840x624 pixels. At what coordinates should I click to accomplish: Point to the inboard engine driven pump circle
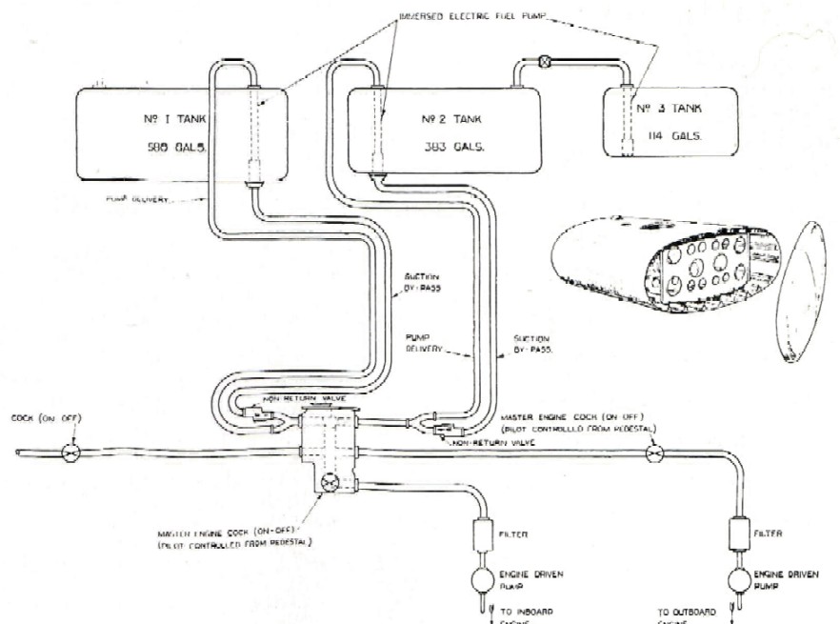click(x=480, y=581)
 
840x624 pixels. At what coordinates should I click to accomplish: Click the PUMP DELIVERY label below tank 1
click(x=138, y=199)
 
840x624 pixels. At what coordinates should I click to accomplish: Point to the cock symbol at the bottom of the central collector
click(x=329, y=482)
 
